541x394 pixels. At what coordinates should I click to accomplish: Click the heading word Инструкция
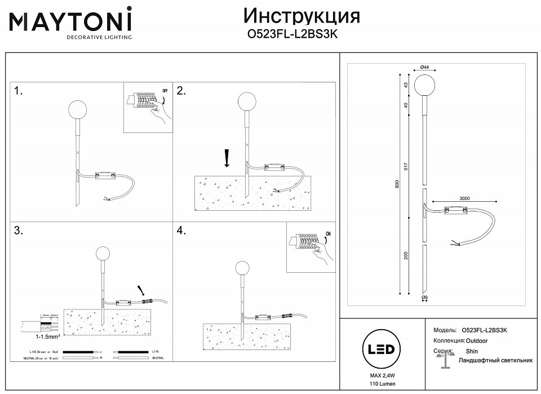coord(301,16)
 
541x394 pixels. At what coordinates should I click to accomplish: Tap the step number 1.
coord(19,92)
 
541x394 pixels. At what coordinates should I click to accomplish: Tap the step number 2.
coord(182,91)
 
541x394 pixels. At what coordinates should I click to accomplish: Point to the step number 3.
coord(19,231)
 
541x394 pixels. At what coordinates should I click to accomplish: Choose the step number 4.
coord(182,231)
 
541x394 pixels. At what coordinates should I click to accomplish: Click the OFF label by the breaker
coord(165,90)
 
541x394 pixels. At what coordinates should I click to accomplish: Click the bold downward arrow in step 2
coord(226,158)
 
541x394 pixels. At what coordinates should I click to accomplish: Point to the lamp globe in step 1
coord(76,109)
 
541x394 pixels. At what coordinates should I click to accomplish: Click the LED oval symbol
coord(380,349)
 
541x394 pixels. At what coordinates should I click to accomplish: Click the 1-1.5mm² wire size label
coord(32,337)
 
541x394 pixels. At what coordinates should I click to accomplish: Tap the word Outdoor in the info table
coord(477,341)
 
